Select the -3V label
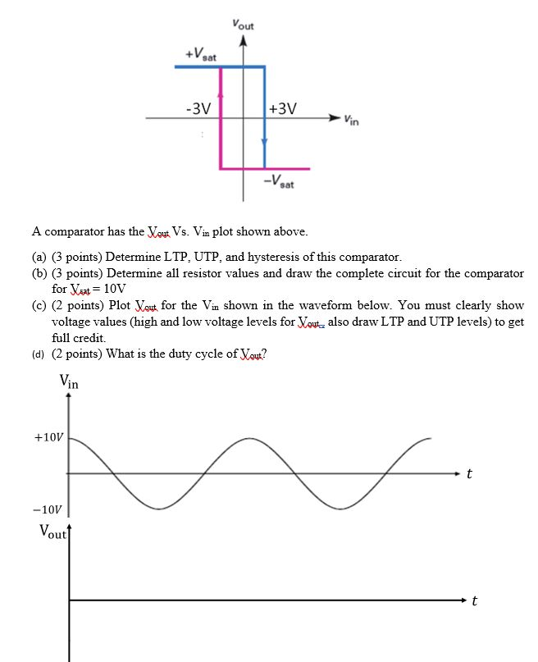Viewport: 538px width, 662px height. [198, 108]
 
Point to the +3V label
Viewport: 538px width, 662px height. [283, 108]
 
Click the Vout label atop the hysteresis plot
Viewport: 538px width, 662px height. [243, 25]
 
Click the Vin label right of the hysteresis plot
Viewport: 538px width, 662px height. [350, 121]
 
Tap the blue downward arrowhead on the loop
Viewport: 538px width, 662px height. [264, 141]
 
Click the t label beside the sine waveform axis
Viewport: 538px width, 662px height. [468, 474]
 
